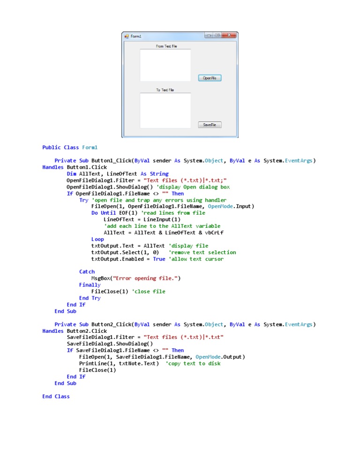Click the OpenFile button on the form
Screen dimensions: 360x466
point(210,78)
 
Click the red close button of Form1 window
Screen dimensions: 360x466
point(229,35)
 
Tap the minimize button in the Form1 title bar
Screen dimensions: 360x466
point(209,35)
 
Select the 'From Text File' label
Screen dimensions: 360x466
point(166,46)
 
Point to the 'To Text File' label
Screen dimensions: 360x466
point(165,90)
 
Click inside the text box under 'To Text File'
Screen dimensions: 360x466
point(165,110)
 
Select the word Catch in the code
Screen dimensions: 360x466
point(87,272)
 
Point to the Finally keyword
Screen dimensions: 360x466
point(90,285)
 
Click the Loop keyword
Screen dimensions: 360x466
point(97,239)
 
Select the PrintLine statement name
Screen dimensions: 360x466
point(91,363)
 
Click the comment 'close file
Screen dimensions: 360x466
point(149,292)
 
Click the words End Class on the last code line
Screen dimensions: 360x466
point(56,396)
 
